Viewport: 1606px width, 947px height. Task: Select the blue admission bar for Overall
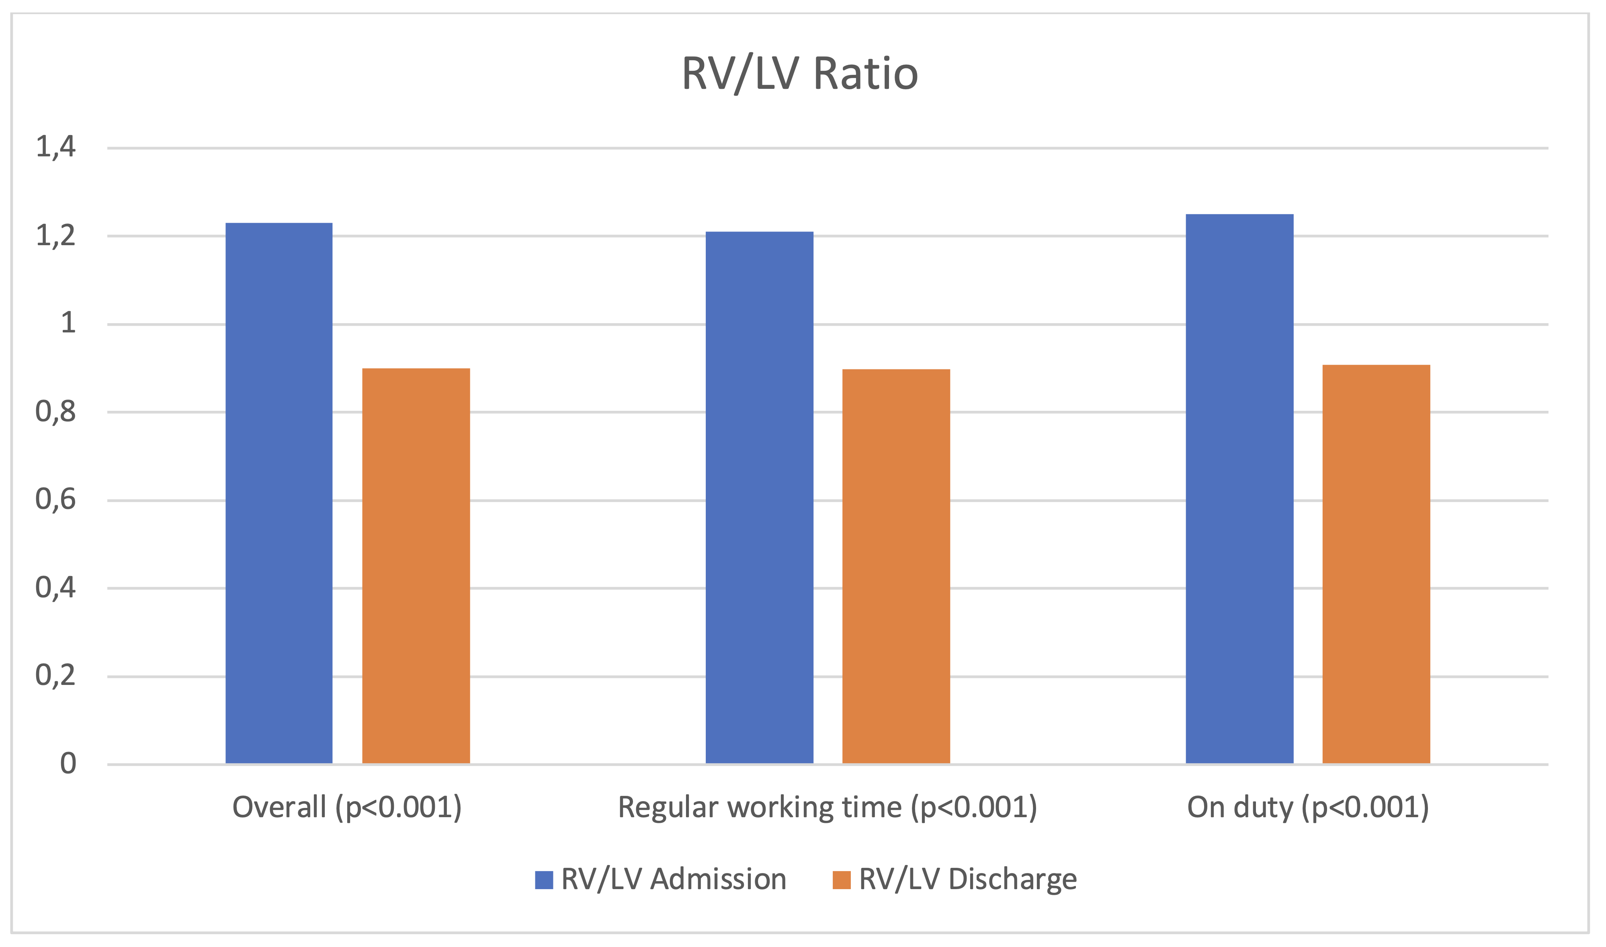click(279, 493)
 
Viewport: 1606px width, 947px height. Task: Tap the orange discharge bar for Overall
click(416, 566)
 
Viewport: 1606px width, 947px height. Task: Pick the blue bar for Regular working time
click(759, 497)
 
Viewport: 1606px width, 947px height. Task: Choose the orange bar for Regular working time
click(896, 566)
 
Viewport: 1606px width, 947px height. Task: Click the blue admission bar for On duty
click(1239, 488)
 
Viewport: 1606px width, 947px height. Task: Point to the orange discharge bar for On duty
click(1376, 564)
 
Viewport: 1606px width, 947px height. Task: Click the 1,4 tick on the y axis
click(55, 147)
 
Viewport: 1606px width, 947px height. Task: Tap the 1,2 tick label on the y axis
click(55, 236)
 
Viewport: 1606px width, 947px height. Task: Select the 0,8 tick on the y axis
click(55, 412)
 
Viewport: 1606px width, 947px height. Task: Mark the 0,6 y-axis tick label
click(55, 500)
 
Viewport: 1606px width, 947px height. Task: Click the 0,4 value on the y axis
click(55, 588)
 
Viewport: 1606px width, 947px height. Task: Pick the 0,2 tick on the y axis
click(55, 676)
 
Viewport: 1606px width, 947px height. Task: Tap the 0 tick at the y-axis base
click(68, 764)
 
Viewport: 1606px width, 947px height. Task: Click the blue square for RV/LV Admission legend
click(544, 880)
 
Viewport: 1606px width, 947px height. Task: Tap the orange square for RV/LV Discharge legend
click(842, 880)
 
